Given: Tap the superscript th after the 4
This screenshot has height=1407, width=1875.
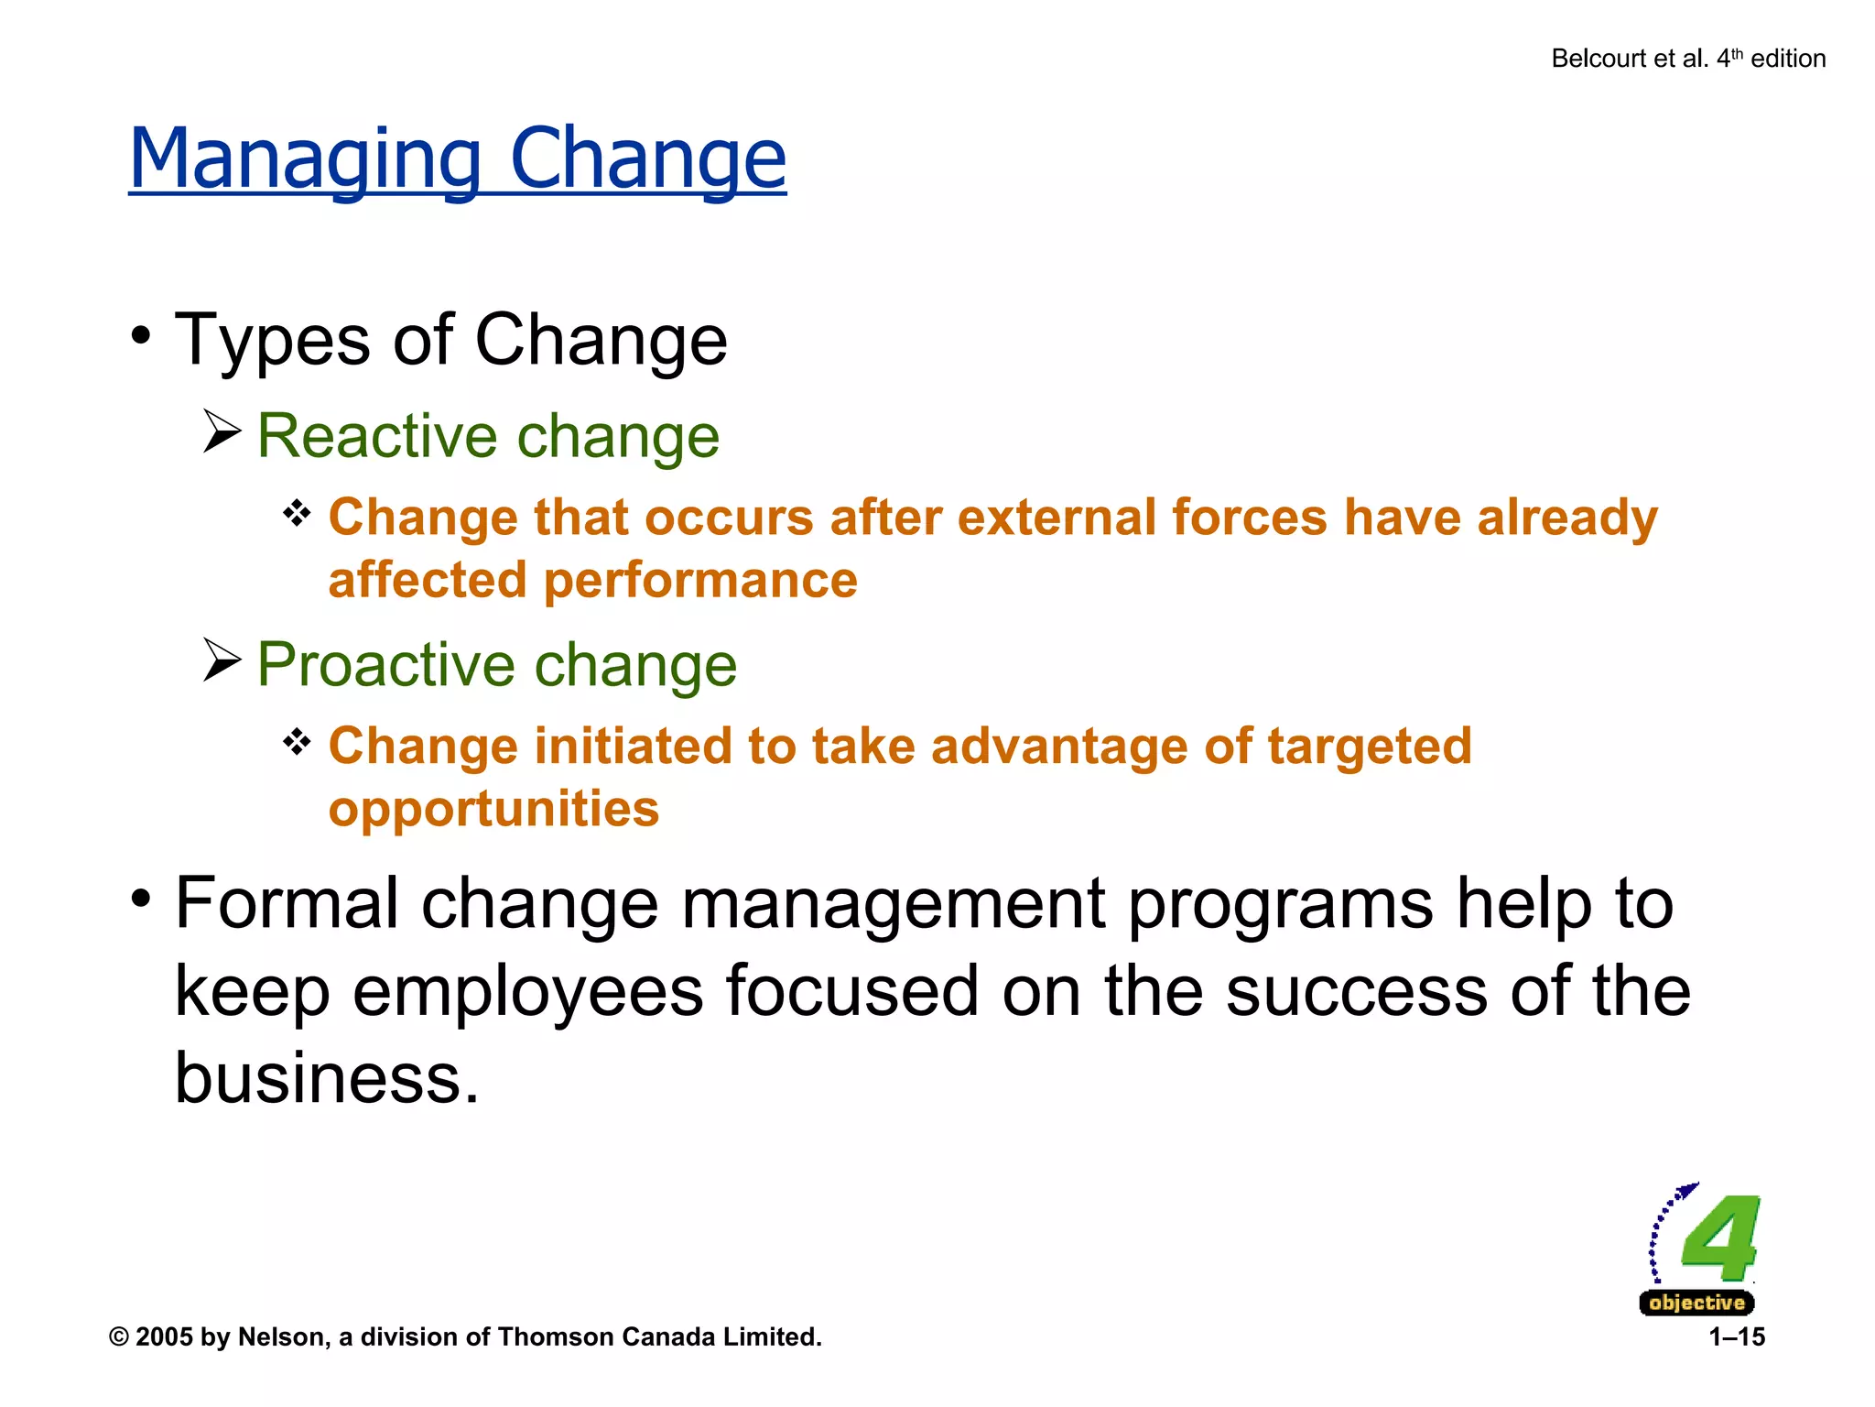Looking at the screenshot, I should coord(1737,53).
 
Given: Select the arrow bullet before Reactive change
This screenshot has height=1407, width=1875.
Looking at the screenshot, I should coord(222,431).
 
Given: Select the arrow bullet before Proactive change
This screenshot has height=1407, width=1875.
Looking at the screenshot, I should coord(222,660).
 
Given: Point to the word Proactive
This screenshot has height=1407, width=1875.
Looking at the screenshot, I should coord(385,665).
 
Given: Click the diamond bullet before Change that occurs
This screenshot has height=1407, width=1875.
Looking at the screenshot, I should coord(297,513).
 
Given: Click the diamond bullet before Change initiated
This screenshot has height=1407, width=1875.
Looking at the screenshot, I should coord(297,741).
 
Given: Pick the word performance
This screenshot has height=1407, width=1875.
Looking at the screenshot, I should coord(700,581).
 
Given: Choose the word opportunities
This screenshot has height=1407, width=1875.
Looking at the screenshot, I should coord(493,810).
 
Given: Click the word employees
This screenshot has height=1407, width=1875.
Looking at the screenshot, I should coord(528,992).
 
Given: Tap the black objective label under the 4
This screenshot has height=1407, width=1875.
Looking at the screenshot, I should coord(1696,1303).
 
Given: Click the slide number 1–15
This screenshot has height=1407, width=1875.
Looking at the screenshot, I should coord(1736,1337).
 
